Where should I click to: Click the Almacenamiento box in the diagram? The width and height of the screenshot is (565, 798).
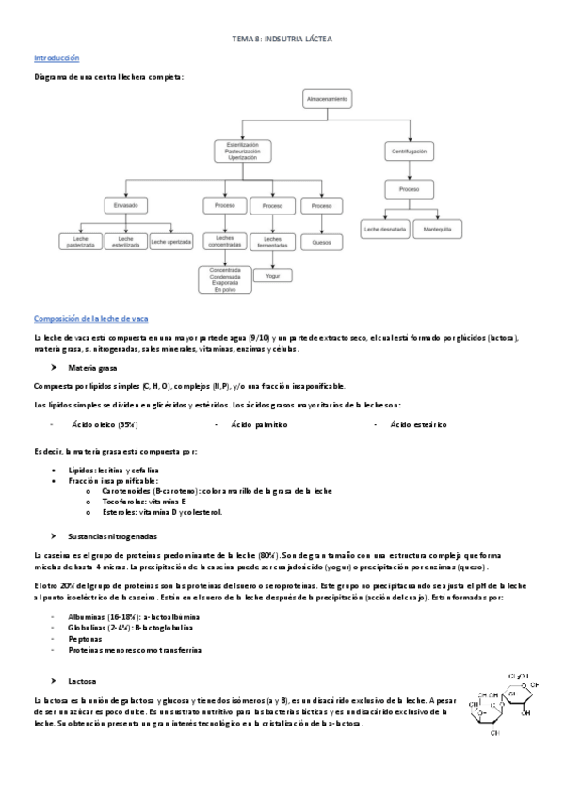click(327, 99)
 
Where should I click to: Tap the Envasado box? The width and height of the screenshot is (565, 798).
click(126, 205)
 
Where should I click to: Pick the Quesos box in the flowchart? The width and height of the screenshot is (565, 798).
click(321, 243)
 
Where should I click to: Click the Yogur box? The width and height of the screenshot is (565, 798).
click(272, 275)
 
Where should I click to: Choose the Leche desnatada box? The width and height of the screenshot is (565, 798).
click(384, 229)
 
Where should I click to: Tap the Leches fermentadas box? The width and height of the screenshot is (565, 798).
click(272, 243)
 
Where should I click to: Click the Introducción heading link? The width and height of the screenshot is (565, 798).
click(56, 58)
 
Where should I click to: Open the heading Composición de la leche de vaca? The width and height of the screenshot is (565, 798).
click(90, 318)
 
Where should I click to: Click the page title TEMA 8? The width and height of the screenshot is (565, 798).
click(282, 40)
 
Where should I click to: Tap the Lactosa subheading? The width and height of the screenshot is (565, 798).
click(82, 679)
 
